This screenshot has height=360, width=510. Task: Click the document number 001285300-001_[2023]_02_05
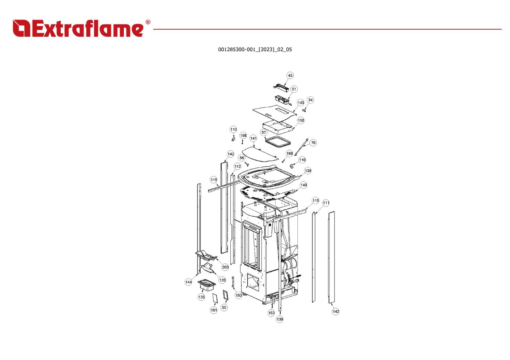click(255, 50)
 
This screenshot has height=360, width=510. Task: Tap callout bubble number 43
click(290, 76)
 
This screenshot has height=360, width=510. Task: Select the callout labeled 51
click(294, 89)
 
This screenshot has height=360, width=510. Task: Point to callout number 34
click(310, 100)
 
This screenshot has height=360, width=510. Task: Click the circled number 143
click(301, 103)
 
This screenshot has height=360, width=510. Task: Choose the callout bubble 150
click(301, 120)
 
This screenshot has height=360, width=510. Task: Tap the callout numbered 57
click(264, 133)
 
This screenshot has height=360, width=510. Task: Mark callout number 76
click(313, 143)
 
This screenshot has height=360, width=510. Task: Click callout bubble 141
click(253, 138)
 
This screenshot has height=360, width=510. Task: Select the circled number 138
click(308, 171)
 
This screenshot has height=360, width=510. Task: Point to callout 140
click(304, 185)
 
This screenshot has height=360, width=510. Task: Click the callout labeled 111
click(326, 203)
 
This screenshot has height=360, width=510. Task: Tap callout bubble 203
click(225, 267)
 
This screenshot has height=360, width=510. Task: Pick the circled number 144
click(188, 282)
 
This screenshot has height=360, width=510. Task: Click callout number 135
click(201, 297)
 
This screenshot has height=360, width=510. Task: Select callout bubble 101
click(214, 310)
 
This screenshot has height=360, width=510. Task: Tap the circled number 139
click(280, 320)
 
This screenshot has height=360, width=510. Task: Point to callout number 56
click(242, 158)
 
